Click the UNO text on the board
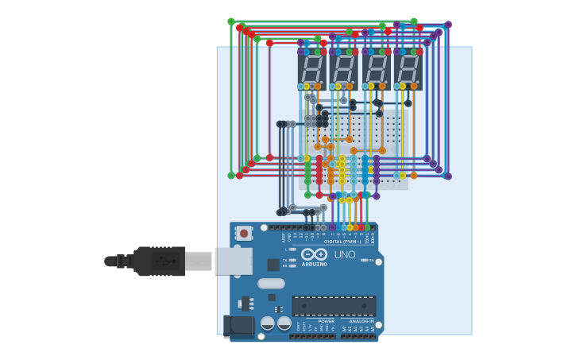(345, 255)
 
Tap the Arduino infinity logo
(315, 254)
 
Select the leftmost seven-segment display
(311, 68)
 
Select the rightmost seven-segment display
(408, 68)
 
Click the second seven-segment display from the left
(343, 68)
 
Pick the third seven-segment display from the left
(376, 68)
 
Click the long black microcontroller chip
(334, 306)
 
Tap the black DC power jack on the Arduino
(238, 325)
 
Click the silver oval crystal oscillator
(271, 284)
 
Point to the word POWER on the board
(326, 321)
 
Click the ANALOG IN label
(361, 321)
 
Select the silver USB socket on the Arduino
(234, 261)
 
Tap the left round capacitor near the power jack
(268, 323)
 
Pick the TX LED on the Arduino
(292, 260)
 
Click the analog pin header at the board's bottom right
(358, 336)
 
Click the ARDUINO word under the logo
(315, 264)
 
